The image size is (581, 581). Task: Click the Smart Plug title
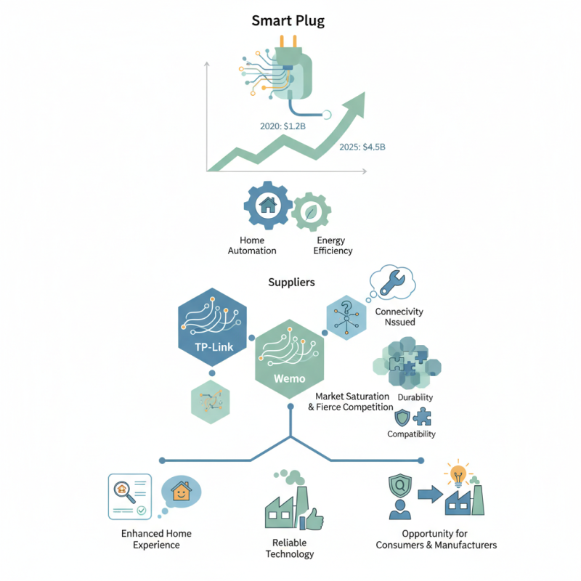288,21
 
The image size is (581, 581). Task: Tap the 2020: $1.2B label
283,126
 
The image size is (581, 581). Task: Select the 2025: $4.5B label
362,147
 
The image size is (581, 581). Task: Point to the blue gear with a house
268,206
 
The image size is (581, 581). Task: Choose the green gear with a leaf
311,212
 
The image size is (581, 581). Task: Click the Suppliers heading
291,283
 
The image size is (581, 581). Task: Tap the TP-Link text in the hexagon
214,347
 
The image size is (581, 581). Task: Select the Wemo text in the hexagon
289,378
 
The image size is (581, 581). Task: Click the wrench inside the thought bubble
392,283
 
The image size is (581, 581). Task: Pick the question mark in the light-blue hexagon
346,306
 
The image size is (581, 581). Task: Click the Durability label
415,397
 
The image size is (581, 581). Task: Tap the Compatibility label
411,434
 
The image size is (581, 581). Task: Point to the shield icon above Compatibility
402,418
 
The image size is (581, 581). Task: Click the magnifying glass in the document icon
124,492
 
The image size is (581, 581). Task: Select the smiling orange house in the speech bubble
181,492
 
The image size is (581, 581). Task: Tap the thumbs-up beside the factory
312,519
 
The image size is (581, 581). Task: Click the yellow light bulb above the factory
458,474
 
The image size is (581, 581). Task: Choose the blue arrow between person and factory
430,495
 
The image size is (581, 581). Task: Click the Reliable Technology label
289,548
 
